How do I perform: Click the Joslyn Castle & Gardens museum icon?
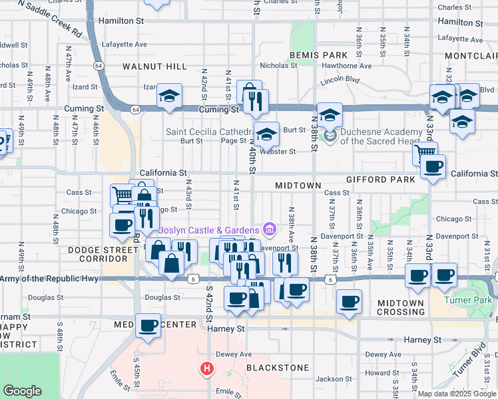point(269,230)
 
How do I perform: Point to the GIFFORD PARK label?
point(380,180)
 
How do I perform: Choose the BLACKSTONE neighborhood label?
point(278,368)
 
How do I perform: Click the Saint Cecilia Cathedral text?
point(208,132)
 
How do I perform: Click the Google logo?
point(22,391)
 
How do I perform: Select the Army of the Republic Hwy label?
point(50,278)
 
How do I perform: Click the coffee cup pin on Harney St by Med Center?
point(149,326)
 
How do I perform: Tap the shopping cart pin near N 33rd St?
point(425,154)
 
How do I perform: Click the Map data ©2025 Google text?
point(456,394)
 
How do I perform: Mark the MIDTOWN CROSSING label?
point(401,307)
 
